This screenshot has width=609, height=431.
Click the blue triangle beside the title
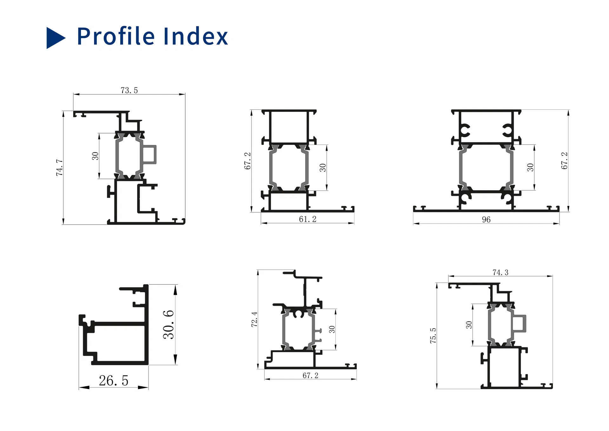coord(55,38)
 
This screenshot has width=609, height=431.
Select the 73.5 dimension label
coord(129,91)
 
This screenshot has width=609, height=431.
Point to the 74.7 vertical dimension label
coord(59,168)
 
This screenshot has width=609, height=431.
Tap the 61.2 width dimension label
coord(308,219)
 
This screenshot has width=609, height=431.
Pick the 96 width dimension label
coord(486,220)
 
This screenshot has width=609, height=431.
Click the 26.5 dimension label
coord(114,380)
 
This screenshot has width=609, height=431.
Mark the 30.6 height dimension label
coord(169,325)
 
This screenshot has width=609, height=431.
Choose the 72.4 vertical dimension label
coord(254,319)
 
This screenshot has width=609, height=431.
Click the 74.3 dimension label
coord(500,273)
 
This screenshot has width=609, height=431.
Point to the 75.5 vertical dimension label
coord(433,335)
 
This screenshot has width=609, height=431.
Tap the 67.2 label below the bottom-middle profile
coord(310,376)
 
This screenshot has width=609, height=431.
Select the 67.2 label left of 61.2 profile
coord(247,161)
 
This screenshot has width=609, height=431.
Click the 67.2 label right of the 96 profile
coord(564,161)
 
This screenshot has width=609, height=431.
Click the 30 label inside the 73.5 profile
coord(95,156)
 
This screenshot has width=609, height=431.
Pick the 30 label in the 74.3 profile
coord(469,325)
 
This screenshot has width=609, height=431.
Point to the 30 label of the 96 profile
coord(530,167)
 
